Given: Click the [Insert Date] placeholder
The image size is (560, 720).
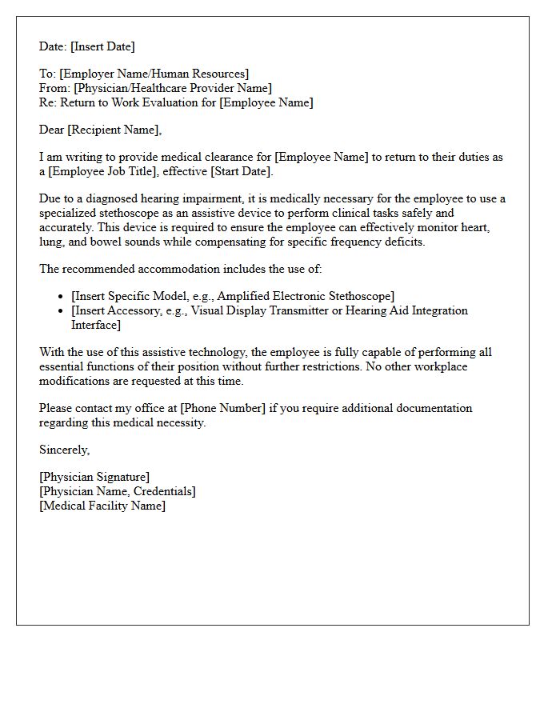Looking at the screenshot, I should (x=101, y=46).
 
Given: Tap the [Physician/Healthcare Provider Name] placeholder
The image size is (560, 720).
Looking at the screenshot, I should (x=173, y=88).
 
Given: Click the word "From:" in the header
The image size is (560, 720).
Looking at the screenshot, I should (x=54, y=88).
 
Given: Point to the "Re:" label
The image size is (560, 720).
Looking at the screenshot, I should (x=49, y=102).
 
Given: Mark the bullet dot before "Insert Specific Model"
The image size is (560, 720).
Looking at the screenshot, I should (x=62, y=297).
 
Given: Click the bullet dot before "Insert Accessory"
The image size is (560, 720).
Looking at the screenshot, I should (x=62, y=310).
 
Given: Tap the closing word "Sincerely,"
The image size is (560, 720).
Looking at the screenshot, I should (x=65, y=450).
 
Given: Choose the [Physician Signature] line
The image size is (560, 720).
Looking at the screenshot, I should (x=94, y=478).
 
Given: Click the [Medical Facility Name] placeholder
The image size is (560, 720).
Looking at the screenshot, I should (x=102, y=506).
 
